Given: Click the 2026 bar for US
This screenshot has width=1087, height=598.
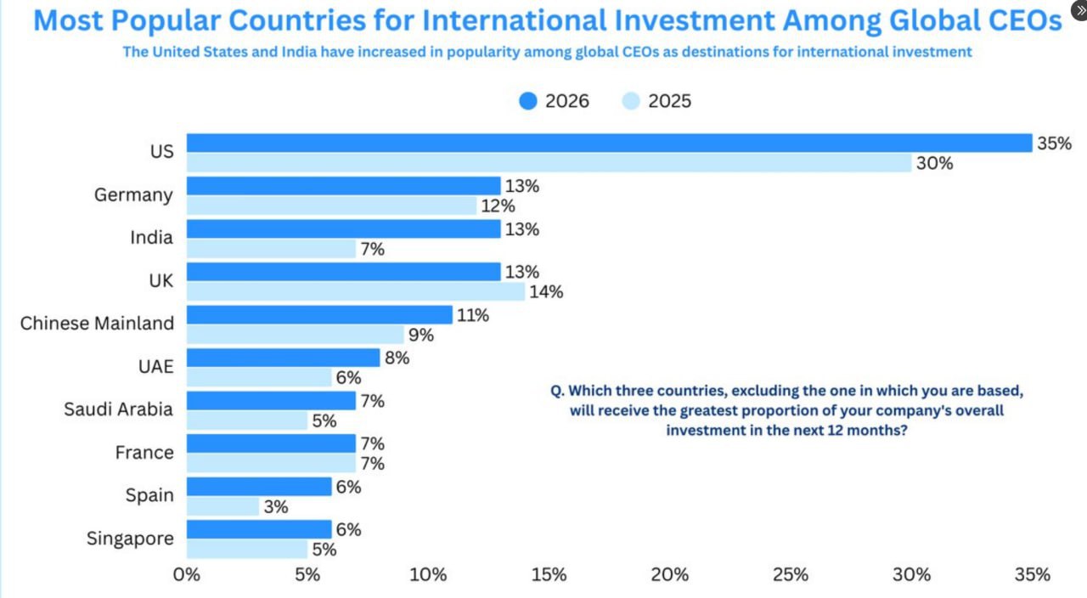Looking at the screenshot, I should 609,143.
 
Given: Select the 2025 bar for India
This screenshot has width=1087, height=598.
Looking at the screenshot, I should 271,249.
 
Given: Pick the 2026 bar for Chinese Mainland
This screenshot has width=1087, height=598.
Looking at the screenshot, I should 319,315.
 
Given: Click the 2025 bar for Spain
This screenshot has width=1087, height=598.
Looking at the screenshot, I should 222,507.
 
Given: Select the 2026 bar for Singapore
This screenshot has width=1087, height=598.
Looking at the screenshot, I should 259,529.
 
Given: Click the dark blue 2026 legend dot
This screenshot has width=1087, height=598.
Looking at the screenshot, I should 528,101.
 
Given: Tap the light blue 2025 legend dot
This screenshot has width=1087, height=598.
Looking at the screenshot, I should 631,101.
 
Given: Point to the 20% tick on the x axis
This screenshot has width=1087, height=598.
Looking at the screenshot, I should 670,575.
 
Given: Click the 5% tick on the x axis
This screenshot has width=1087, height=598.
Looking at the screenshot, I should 307,575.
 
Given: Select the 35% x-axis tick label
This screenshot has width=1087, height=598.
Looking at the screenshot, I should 1033,575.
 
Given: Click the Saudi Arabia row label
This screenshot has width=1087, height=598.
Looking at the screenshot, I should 118,409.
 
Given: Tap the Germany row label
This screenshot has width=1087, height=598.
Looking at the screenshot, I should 133,195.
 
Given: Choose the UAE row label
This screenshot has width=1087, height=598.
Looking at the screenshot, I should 156,367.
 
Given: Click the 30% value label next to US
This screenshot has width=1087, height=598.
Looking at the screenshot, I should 934,164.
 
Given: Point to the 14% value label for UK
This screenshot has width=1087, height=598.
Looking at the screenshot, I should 545,292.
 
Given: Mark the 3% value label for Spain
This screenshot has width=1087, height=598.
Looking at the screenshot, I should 276,507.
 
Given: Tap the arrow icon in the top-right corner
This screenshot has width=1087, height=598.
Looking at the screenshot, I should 1079,10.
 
